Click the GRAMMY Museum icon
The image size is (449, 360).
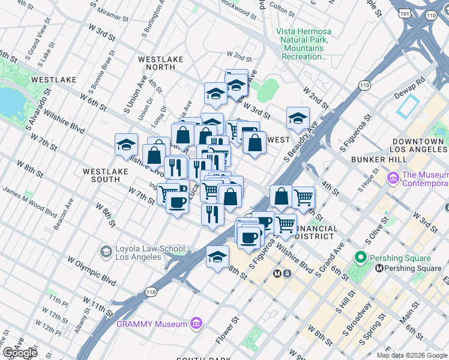click(195, 324)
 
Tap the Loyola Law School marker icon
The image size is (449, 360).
click(106, 250)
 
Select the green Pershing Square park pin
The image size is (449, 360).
click(361, 259)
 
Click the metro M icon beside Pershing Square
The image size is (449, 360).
click(379, 269)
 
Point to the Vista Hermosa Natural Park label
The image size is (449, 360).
click(304, 44)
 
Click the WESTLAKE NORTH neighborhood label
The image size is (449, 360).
click(157, 63)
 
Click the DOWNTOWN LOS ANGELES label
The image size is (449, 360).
click(419, 145)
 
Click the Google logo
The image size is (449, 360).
click(20, 352)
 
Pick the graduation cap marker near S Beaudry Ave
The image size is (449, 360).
click(297, 118)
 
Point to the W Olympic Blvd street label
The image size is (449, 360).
click(91, 271)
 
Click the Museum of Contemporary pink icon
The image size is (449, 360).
click(393, 178)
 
